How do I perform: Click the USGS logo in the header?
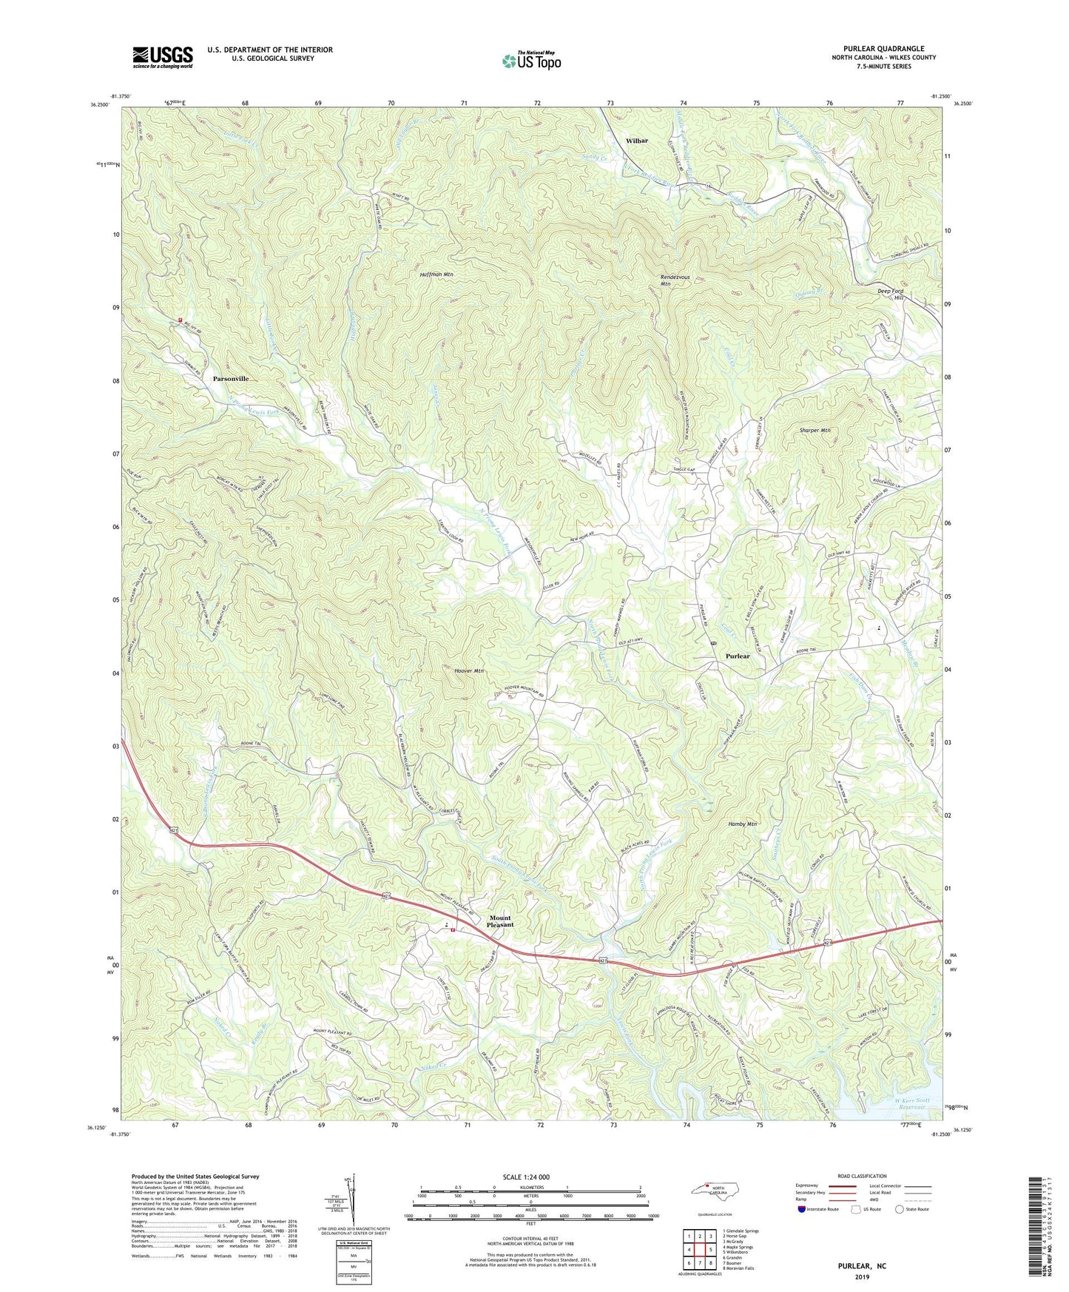(x=163, y=57)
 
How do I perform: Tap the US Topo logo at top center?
(x=530, y=61)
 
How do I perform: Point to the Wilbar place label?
(x=636, y=140)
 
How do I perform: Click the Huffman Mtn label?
(x=436, y=275)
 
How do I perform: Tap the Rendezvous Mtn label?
(x=675, y=280)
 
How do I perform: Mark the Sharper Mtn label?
(x=815, y=430)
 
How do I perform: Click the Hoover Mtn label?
(x=468, y=671)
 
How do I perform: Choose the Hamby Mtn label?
(x=741, y=824)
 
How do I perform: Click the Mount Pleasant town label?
(x=499, y=921)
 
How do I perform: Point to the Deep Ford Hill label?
(x=891, y=295)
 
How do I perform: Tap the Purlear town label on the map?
(x=738, y=656)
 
